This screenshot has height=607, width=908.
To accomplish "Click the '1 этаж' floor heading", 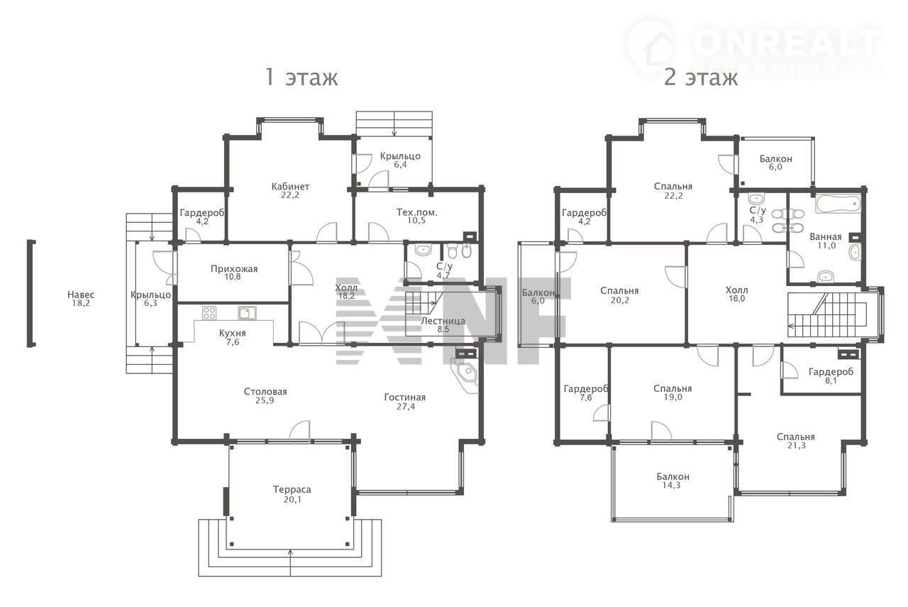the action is (301, 77).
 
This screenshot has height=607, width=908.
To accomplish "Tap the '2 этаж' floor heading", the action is (700, 77).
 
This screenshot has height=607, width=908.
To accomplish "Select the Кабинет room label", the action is (290, 187).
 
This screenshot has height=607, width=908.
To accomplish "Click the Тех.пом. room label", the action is (416, 212).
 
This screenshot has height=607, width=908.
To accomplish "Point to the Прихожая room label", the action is (234, 268).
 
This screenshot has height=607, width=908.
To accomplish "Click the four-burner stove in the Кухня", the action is (209, 313).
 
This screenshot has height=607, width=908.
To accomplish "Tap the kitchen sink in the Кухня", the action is (247, 313).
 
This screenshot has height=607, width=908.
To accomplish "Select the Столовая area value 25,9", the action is (265, 400).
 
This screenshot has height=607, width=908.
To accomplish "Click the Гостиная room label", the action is (405, 398).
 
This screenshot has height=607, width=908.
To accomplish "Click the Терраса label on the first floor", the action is (292, 489).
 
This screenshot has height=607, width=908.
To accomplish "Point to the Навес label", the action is (81, 295).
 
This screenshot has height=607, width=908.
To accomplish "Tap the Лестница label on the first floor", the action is (443, 321).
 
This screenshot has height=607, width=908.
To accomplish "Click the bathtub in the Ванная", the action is (838, 204).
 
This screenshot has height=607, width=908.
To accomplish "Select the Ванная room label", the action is (825, 236).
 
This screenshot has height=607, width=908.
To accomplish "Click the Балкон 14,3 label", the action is (673, 481).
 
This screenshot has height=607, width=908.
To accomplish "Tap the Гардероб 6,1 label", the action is (831, 376).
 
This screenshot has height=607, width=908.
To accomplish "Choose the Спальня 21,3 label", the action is (796, 441).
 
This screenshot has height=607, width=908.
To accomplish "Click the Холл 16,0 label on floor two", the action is (736, 294).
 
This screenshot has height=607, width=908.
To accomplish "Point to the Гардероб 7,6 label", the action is (586, 393).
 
